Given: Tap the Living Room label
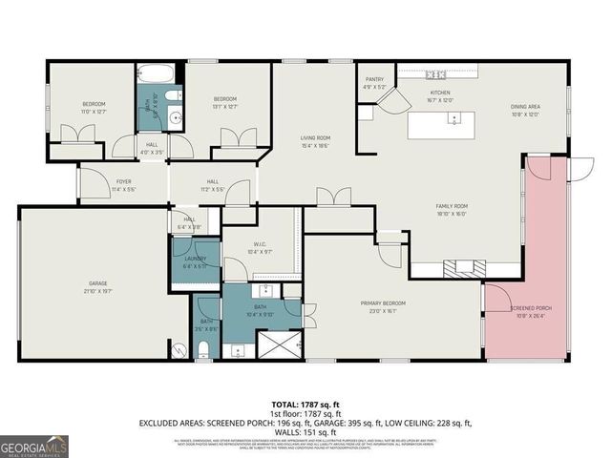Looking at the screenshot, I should click(x=315, y=141).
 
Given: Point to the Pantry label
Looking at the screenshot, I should click(x=374, y=83).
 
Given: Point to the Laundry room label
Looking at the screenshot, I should click(x=194, y=261).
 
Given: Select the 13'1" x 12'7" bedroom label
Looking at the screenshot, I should click(x=225, y=102).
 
